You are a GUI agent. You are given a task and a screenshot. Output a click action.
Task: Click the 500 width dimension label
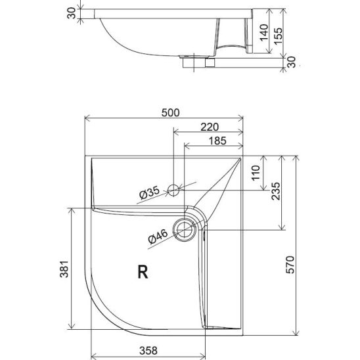[x=170, y=113]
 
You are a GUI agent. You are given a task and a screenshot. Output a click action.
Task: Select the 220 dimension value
[x=210, y=127]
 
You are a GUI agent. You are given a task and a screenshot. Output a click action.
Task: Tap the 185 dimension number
[x=217, y=141]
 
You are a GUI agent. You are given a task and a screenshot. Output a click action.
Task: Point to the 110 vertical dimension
[x=256, y=173]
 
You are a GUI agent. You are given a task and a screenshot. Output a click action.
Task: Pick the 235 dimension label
[x=276, y=191]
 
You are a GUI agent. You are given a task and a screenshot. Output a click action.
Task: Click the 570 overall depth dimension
[x=290, y=265]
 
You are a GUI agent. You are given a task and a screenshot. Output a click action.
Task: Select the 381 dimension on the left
[x=64, y=269]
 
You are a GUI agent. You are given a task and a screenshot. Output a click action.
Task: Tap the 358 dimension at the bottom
[x=148, y=351]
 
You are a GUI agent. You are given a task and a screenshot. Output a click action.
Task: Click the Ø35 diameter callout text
[x=149, y=192]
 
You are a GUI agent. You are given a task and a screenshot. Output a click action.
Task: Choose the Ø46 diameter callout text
[x=158, y=236]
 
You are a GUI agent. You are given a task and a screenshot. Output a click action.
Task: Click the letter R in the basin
[x=143, y=271]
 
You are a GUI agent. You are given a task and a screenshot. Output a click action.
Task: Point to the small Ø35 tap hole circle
[x=173, y=191]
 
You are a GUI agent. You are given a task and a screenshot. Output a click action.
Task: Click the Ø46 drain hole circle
[x=185, y=229]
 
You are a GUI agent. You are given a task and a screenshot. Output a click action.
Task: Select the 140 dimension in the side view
[x=264, y=32]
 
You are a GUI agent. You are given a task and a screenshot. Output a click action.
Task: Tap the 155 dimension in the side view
[x=278, y=36]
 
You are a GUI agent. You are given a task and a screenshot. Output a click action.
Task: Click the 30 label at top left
[x=71, y=13]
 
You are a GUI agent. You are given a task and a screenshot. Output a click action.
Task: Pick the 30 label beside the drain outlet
[x=292, y=62]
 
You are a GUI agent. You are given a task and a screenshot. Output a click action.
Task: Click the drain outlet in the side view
[x=198, y=62]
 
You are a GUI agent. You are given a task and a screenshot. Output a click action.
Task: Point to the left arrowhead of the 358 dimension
[x=94, y=357]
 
